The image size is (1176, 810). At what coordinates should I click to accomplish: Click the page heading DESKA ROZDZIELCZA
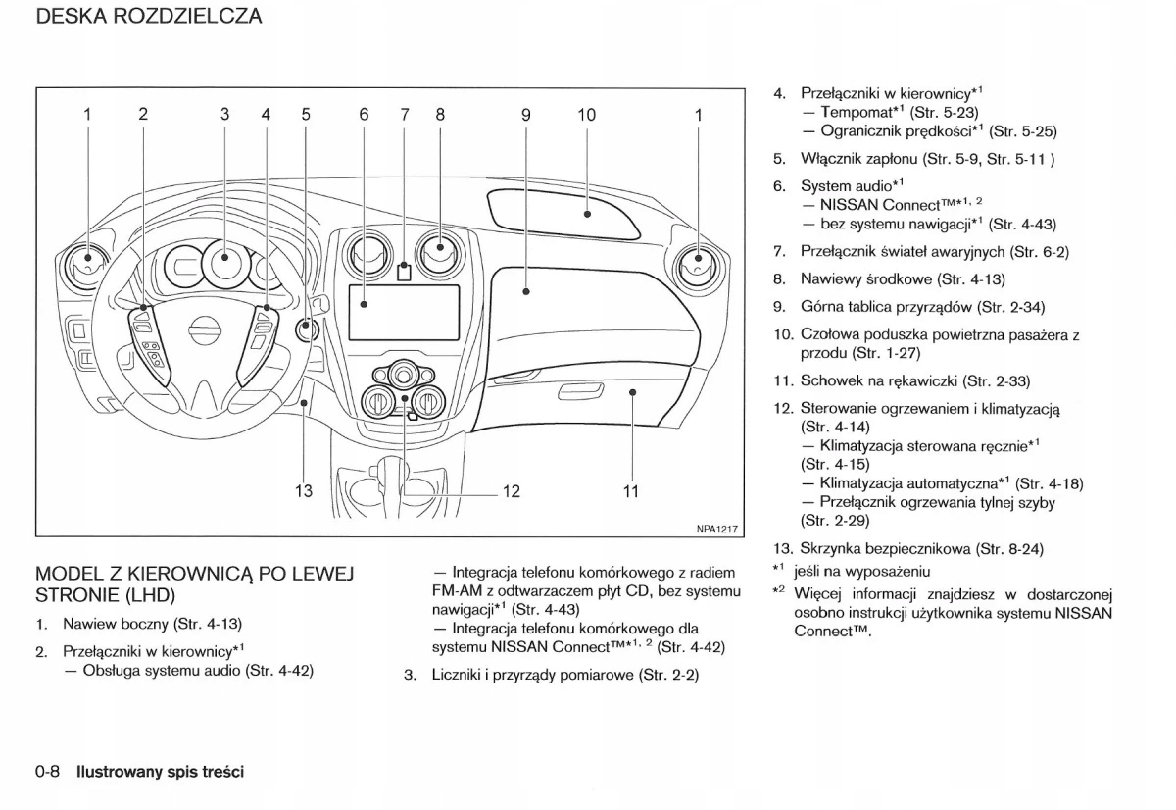pyautogui.click(x=148, y=17)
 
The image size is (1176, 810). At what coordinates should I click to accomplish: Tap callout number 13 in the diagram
pyautogui.click(x=304, y=491)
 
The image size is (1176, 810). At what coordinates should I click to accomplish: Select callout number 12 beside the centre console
pyautogui.click(x=511, y=491)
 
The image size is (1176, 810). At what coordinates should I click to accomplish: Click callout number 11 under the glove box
pyautogui.click(x=631, y=491)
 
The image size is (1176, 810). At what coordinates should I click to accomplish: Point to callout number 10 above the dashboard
pyautogui.click(x=586, y=115)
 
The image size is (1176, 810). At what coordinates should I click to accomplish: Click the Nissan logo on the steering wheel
pyautogui.click(x=204, y=330)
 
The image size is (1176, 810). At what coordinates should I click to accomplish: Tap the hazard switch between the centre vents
pyautogui.click(x=404, y=273)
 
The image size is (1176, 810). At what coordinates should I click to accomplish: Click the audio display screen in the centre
pyautogui.click(x=405, y=312)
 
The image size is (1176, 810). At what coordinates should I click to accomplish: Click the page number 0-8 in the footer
pyautogui.click(x=48, y=772)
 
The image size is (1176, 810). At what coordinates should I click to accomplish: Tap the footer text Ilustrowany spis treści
pyautogui.click(x=161, y=772)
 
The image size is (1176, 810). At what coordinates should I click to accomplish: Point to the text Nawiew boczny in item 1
pyautogui.click(x=115, y=624)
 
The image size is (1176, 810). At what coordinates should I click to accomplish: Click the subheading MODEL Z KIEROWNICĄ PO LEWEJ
pyautogui.click(x=193, y=574)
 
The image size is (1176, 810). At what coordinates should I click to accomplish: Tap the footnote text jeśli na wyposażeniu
pyautogui.click(x=862, y=571)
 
